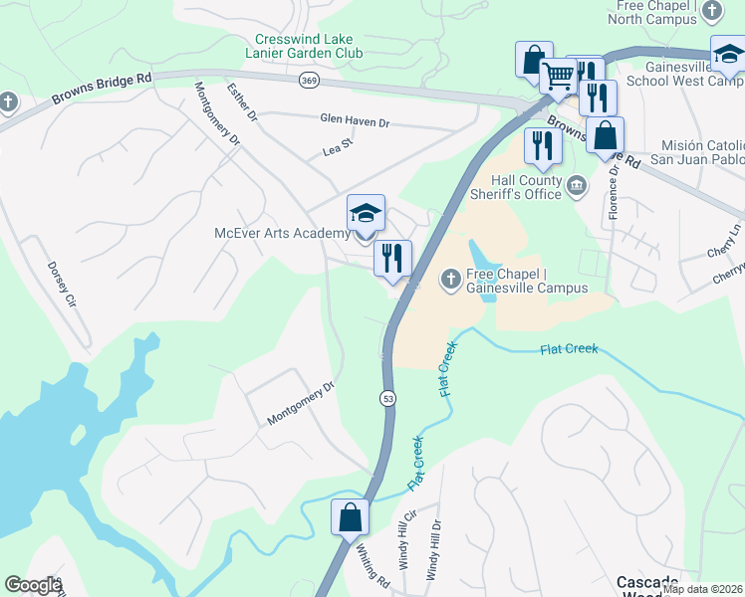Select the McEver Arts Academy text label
[282, 234]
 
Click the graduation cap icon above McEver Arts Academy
[366, 214]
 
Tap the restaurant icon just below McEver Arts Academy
[392, 259]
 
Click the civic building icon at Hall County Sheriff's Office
[576, 186]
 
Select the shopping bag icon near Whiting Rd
[350, 517]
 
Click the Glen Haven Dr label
[355, 120]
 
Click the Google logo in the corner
[33, 585]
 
